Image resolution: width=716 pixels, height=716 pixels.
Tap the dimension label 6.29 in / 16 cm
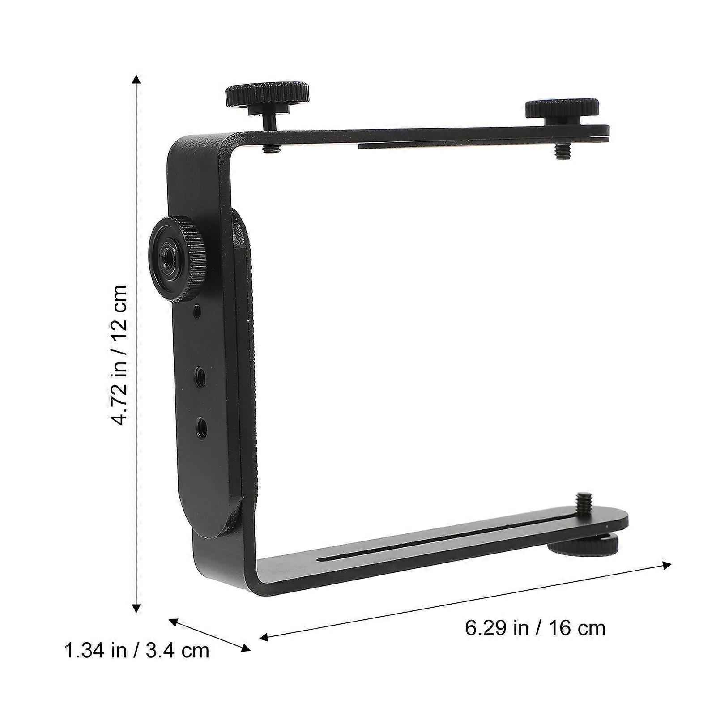535,628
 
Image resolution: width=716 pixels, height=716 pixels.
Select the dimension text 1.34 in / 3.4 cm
137,650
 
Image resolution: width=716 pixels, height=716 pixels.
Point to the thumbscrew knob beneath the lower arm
583,546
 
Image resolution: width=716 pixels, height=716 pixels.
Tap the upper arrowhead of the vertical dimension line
137,80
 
